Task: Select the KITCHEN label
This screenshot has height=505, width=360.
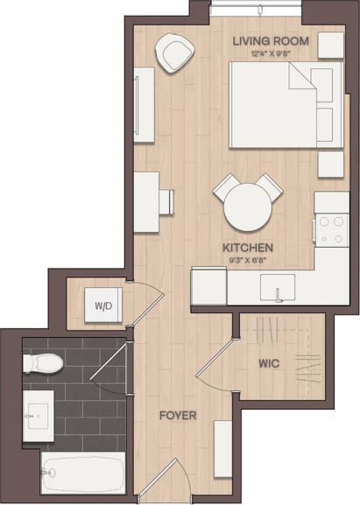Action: [248, 248]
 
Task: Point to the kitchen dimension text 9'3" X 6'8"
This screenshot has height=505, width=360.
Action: [248, 260]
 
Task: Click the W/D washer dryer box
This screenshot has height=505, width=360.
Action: [103, 306]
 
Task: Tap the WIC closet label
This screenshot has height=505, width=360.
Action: [268, 363]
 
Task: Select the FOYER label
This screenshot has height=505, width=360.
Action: [177, 415]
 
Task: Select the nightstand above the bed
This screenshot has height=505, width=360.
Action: [330, 46]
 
